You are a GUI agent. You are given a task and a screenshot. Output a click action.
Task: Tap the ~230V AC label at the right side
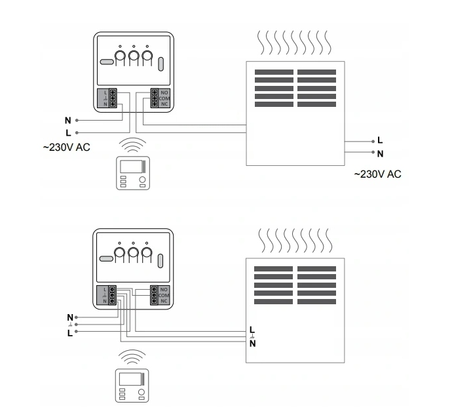[x=377, y=174]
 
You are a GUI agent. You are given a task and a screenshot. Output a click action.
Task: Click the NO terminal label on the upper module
[x=164, y=92]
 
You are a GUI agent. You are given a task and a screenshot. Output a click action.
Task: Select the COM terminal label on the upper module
[x=164, y=98]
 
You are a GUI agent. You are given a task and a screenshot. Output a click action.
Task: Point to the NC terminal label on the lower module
[x=164, y=302]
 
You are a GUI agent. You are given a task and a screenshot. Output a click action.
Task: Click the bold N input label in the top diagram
[x=67, y=121]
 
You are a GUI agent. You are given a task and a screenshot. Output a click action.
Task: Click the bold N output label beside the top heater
[x=380, y=153]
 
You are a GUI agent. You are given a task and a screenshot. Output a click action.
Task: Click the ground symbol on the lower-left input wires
[x=68, y=324]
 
